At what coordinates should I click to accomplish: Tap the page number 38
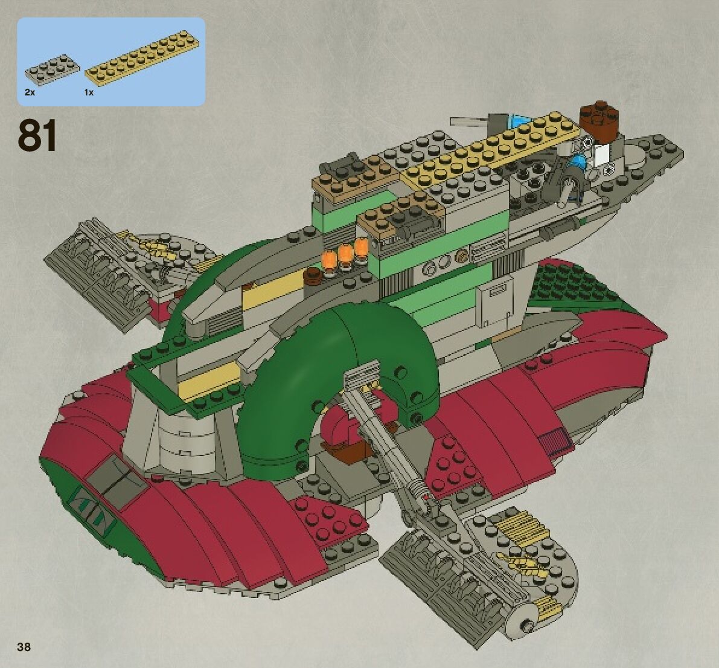(24, 647)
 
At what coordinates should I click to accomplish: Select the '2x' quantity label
(30, 93)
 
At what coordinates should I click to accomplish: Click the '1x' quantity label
(89, 93)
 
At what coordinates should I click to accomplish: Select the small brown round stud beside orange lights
(313, 276)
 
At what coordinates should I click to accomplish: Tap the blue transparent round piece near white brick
(579, 162)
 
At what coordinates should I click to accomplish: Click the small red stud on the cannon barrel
(427, 496)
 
